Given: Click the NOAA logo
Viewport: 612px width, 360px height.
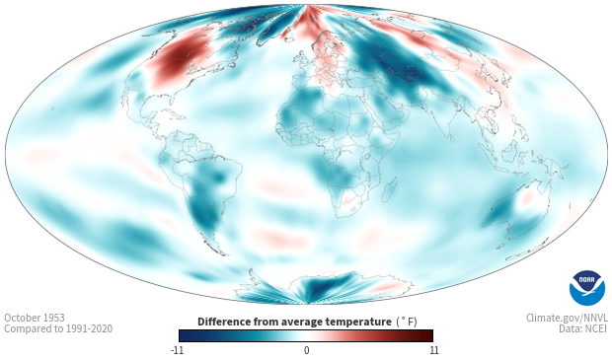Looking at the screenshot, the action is coord(587,288).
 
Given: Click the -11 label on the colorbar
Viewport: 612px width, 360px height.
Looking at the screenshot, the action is coord(177,350).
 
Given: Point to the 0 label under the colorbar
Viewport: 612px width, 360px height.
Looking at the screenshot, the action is coord(306,350).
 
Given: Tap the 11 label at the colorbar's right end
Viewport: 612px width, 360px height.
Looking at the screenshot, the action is coord(434,350).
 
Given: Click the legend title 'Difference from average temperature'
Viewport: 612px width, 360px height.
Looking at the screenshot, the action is coord(294,322).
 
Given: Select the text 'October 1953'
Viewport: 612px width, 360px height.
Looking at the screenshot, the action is coord(35,318).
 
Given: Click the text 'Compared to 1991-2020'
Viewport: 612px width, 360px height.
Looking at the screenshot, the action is coord(58,328).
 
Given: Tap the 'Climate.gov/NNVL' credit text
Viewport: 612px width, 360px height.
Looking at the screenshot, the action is coord(567,318).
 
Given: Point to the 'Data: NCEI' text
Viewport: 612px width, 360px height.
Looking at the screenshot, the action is coord(583,328).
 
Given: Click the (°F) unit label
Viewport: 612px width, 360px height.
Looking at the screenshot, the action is coord(407,322).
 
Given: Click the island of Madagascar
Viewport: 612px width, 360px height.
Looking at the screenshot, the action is coord(390,189).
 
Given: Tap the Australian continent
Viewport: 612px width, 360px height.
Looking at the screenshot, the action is coord(516,211).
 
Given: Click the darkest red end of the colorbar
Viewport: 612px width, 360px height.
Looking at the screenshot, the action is coord(429,335).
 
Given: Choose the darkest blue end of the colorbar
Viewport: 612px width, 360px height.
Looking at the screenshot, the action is coord(183,335).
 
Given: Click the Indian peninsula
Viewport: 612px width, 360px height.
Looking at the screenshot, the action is coord(444,122).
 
